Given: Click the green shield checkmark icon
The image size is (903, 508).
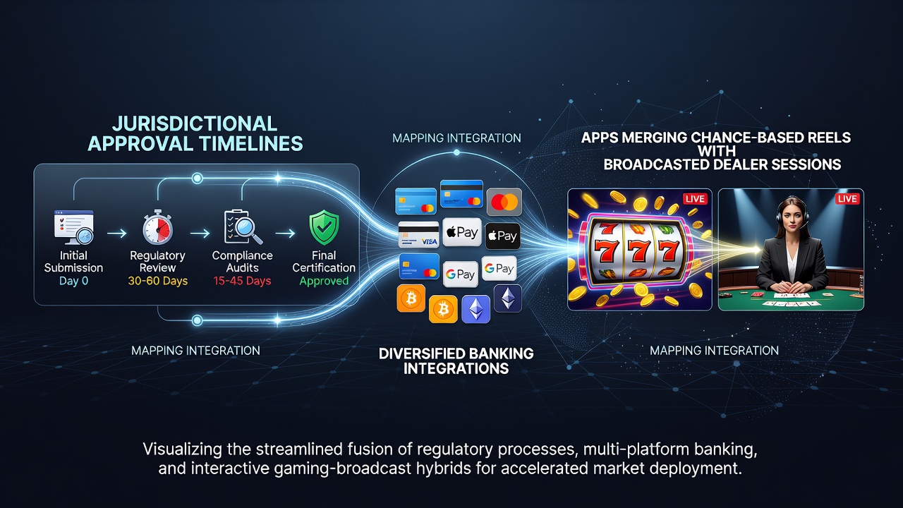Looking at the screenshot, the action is point(324,228).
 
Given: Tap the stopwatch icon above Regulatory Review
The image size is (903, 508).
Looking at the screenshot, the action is point(157,227).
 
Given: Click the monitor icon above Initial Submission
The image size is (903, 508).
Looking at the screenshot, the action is point(74,227).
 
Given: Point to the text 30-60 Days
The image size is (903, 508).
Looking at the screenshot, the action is point(158,281).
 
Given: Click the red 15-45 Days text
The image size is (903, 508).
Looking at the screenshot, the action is point(242,281).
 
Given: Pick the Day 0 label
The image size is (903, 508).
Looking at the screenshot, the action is point(74,281).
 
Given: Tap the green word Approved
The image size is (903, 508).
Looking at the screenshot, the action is point(324,281).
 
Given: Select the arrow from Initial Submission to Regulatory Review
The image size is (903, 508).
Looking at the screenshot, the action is point(117,233).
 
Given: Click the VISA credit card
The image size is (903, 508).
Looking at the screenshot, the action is point(418,234).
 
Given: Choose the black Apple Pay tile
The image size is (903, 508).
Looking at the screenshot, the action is point(503,236).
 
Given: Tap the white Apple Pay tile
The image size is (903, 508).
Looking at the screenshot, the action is point(462,232).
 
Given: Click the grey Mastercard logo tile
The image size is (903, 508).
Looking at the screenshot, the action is point(504,202).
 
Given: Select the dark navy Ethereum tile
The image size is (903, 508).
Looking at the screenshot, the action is point(508,298).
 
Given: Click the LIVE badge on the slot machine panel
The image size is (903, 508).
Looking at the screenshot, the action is point(695,199).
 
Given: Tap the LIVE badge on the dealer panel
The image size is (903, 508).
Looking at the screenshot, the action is point(847,199).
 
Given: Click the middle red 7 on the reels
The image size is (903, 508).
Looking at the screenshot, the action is point(638,252).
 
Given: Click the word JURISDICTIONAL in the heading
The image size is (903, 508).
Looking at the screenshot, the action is point(195,123).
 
